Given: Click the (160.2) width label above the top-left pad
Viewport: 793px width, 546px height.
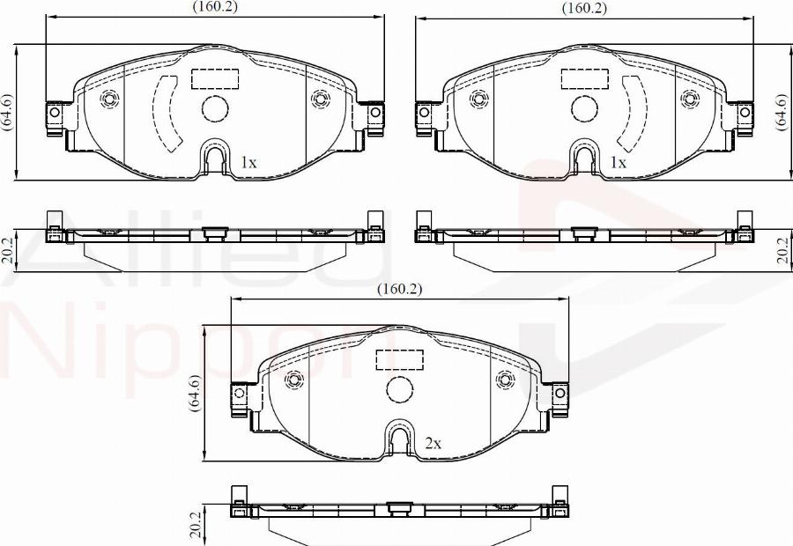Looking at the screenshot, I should (215, 7).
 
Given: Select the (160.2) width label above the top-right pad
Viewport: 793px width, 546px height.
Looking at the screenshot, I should (585, 8).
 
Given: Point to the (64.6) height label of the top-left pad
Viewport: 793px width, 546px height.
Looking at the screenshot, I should (8, 112).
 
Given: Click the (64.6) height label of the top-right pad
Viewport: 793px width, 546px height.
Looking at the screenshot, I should (782, 112).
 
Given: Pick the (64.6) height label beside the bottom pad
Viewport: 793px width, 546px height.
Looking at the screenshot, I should (195, 393).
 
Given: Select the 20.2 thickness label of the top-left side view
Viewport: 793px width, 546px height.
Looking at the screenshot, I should (8, 250).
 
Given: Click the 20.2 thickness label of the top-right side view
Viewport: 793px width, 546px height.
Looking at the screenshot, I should (782, 250).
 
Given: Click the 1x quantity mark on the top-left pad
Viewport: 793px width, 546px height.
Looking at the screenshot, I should (248, 163).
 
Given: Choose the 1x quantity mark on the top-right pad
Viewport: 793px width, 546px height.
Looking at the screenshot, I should (619, 163).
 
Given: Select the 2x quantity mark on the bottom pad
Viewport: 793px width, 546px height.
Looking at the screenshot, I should (433, 444).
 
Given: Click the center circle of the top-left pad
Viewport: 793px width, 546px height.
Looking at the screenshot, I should (215, 108).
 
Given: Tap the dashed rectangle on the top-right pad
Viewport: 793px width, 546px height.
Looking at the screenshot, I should (585, 79).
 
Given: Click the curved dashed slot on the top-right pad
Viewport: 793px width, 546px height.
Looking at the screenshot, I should (634, 112).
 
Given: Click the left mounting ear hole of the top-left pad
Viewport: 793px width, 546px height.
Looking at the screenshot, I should (54, 113).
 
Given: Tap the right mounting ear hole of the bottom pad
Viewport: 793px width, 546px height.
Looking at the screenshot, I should (560, 394).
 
